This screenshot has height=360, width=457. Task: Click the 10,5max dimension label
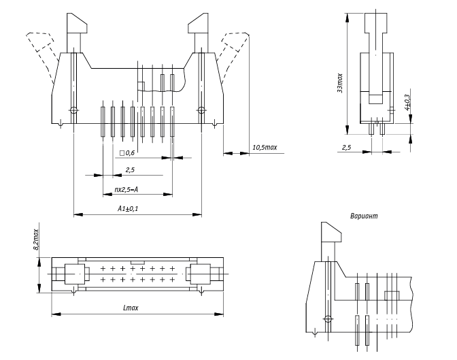[264, 148]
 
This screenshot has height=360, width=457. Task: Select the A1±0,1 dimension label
[129, 208]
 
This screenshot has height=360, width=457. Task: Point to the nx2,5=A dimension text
[126, 189]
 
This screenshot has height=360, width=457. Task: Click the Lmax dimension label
[130, 308]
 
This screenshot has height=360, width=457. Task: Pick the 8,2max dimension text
[37, 240]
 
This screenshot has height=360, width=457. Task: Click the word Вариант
[363, 216]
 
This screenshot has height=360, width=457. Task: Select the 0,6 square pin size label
[129, 153]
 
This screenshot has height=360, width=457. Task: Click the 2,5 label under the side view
[346, 147]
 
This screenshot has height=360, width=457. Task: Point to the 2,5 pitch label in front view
[130, 169]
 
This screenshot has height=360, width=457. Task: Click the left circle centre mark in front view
[73, 110]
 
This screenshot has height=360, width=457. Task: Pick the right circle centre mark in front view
[201, 110]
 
